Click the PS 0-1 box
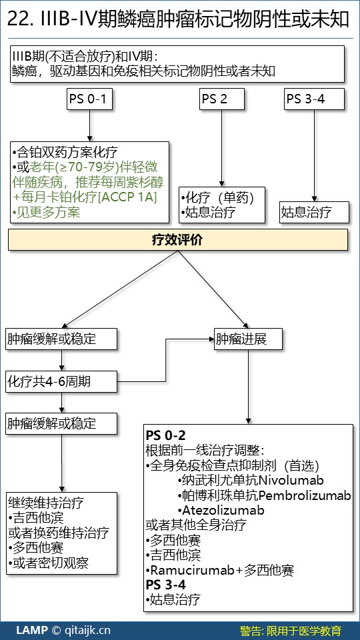[89, 99]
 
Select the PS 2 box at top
[222, 99]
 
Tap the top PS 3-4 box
[314, 99]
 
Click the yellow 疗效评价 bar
[178, 239]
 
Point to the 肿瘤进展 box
[249, 339]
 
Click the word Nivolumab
[291, 479]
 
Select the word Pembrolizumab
[305, 495]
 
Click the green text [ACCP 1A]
[128, 197]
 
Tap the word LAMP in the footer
[32, 630]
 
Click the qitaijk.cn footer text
[88, 630]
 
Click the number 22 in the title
[15, 19]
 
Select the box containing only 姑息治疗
[314, 212]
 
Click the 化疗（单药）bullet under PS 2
[217, 197]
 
